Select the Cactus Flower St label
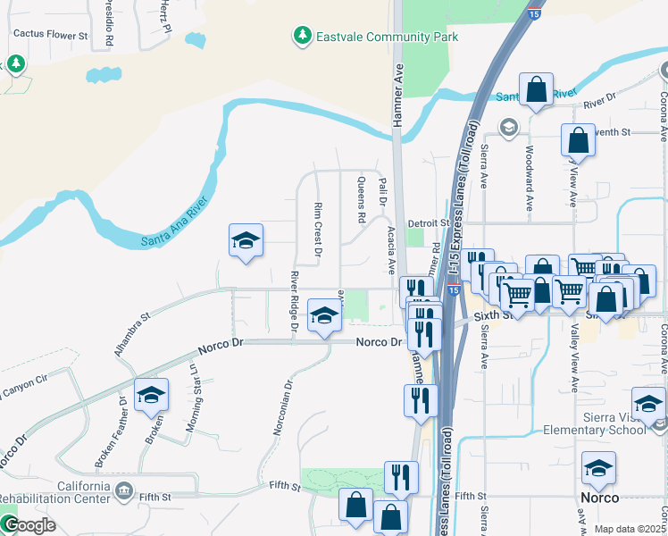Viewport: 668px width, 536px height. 50,36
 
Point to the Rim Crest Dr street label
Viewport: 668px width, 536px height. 317,229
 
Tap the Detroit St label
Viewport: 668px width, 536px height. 427,222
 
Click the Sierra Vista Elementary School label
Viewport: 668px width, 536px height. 595,423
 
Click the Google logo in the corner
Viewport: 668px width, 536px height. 29,525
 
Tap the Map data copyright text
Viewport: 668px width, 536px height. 629,529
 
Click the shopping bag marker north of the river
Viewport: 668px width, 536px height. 536,90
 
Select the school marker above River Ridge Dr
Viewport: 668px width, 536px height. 246,241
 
